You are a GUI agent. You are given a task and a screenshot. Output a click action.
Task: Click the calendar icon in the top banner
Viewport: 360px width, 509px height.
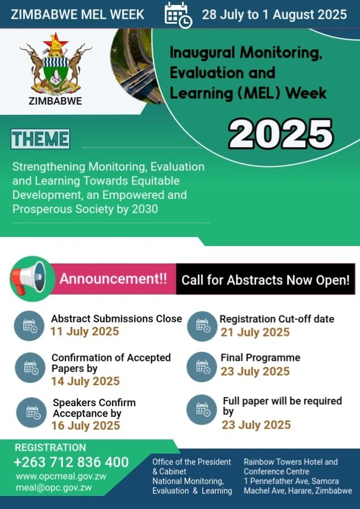(178, 15)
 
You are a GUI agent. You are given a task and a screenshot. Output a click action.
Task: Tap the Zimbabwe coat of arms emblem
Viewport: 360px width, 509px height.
(55, 63)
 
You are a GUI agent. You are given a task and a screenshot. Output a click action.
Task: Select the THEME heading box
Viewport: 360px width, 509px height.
(40, 139)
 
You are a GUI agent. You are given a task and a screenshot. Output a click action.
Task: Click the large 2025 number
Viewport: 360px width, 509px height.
(281, 134)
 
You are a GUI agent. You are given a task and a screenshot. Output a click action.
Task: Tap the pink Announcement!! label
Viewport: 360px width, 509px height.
(113, 279)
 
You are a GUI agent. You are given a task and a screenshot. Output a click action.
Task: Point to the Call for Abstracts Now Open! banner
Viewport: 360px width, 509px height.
(265, 279)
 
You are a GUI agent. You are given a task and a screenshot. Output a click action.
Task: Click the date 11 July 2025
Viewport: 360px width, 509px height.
(85, 331)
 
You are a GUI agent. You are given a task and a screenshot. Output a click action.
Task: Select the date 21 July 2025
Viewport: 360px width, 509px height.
(255, 332)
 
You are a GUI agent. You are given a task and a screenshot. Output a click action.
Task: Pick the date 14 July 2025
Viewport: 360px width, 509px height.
(85, 381)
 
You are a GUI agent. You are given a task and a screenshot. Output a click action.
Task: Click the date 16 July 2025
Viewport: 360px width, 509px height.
(86, 425)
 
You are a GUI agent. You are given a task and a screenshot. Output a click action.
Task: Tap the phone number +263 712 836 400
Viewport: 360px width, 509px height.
(71, 462)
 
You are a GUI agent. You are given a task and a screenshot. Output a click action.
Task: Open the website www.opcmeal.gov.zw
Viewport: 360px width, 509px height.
(61, 476)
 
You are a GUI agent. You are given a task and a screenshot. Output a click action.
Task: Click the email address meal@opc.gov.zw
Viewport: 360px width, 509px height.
(54, 488)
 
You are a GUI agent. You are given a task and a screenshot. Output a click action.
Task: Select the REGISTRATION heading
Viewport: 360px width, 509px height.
(50, 447)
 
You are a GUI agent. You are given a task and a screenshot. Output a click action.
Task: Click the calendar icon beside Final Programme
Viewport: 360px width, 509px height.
(202, 367)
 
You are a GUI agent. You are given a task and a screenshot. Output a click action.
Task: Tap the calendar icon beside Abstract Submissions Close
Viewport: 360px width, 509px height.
(29, 326)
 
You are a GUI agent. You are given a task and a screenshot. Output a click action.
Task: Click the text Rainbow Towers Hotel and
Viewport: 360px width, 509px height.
(291, 461)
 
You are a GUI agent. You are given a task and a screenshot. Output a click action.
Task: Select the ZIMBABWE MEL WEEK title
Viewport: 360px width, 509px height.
(78, 15)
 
